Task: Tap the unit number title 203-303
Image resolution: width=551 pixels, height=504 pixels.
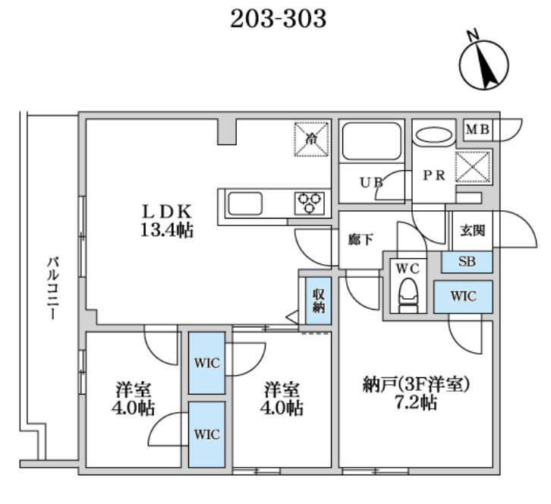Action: click(x=278, y=17)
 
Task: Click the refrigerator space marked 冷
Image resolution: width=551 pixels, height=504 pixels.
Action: click(x=312, y=138)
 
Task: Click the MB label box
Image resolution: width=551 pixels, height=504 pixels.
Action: click(x=477, y=129)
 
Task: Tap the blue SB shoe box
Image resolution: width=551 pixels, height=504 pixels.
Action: click(x=468, y=263)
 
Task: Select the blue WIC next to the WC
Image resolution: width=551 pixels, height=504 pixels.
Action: click(x=463, y=296)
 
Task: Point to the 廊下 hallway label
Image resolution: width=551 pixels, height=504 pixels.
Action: click(x=361, y=240)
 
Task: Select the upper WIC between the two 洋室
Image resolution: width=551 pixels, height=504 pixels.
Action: click(x=207, y=364)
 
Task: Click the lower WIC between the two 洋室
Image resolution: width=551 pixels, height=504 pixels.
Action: click(x=207, y=434)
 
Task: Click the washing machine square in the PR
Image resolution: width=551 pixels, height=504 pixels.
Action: click(x=472, y=166)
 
